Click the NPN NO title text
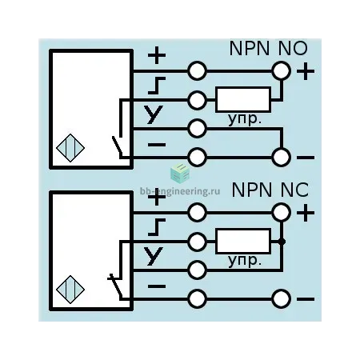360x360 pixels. pyautogui.click(x=268, y=48)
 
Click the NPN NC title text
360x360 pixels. pyautogui.click(x=270, y=190)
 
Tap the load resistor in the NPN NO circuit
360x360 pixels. pyautogui.click(x=243, y=99)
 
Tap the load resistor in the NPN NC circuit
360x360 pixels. pyautogui.click(x=243, y=241)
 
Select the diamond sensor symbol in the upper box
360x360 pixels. pyautogui.click(x=70, y=148)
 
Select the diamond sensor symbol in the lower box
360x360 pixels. pyautogui.click(x=70, y=290)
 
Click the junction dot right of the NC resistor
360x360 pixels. pyautogui.click(x=282, y=242)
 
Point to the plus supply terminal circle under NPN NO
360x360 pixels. pyautogui.click(x=281, y=71)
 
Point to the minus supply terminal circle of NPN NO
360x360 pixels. pyautogui.click(x=281, y=158)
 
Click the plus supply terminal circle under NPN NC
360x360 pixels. pyautogui.click(x=281, y=212)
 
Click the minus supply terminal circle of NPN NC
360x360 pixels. pyautogui.click(x=281, y=299)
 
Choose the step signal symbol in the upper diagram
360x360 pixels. pyautogui.click(x=157, y=86)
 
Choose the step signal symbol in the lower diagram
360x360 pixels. pyautogui.click(x=157, y=227)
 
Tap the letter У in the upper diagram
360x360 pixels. pyautogui.click(x=154, y=114)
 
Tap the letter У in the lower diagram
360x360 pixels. pyautogui.click(x=154, y=256)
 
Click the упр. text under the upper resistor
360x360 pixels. pyautogui.click(x=244, y=119)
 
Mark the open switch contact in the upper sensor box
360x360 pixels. pyautogui.click(x=118, y=147)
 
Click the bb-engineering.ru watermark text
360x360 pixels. pyautogui.click(x=180, y=191)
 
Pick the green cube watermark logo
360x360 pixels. pyautogui.click(x=180, y=174)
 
